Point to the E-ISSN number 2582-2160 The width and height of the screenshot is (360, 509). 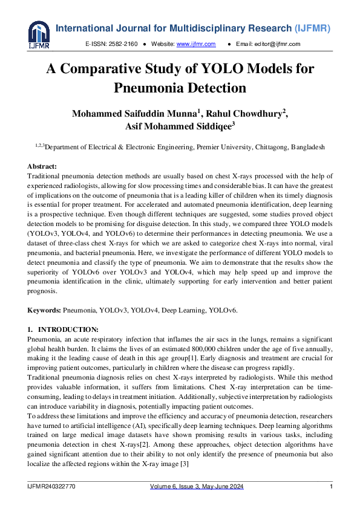(x=125, y=44)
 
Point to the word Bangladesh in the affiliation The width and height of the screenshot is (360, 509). (x=308, y=147)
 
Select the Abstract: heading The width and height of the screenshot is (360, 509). (x=42, y=166)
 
